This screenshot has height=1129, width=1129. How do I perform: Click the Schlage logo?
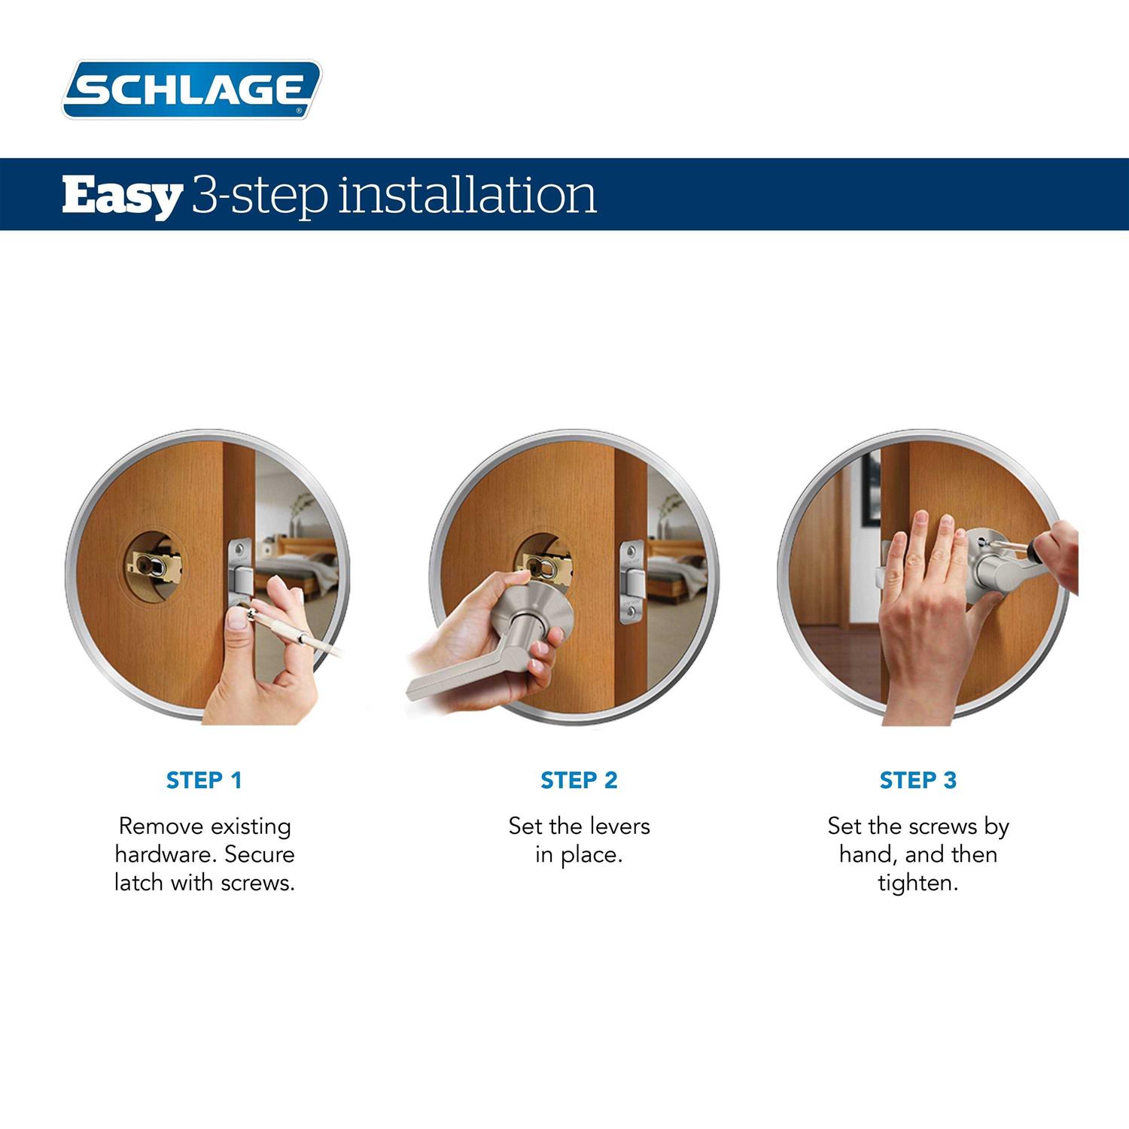(191, 90)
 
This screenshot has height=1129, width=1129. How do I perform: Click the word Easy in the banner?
(121, 195)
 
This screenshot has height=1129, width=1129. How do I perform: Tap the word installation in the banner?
(467, 195)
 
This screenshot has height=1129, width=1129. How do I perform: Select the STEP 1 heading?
(204, 781)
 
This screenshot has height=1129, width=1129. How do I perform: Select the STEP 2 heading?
(579, 781)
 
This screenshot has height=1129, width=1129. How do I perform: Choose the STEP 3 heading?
(918, 781)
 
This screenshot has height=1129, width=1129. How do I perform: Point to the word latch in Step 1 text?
(140, 882)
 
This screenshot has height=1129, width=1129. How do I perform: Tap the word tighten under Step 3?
(918, 883)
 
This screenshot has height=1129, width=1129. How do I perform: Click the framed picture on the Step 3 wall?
(872, 489)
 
